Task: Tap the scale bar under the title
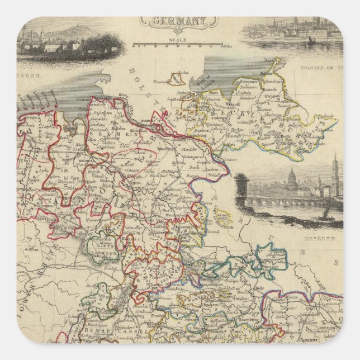[180, 46]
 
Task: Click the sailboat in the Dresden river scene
[324, 214]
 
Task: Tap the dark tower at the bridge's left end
[241, 190]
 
